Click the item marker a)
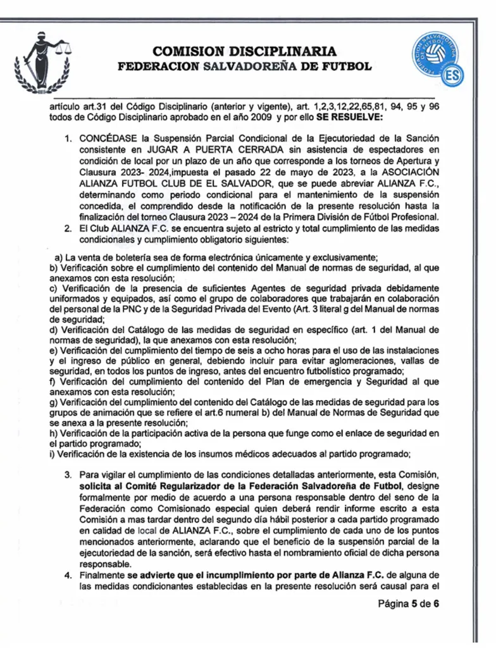point(59,256)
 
